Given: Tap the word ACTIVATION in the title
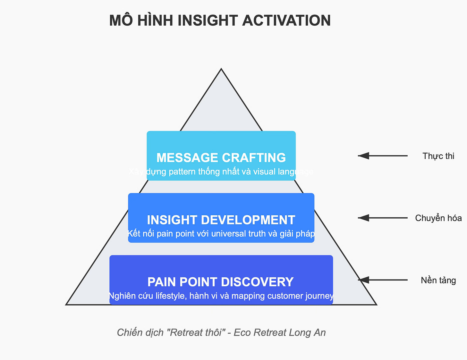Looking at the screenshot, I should click(286, 21).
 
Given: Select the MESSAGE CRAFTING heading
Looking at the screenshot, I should click(221, 158).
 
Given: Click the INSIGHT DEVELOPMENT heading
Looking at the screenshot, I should click(221, 220).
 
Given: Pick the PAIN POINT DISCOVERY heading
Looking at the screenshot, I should click(221, 282).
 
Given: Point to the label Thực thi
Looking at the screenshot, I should click(438, 156).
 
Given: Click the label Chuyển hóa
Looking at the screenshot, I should click(438, 218).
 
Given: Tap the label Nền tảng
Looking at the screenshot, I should click(438, 280).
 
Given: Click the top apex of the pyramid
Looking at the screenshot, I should click(221, 69).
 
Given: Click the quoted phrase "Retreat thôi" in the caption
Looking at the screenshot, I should click(197, 332).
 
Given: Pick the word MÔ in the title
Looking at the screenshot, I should click(121, 21).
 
